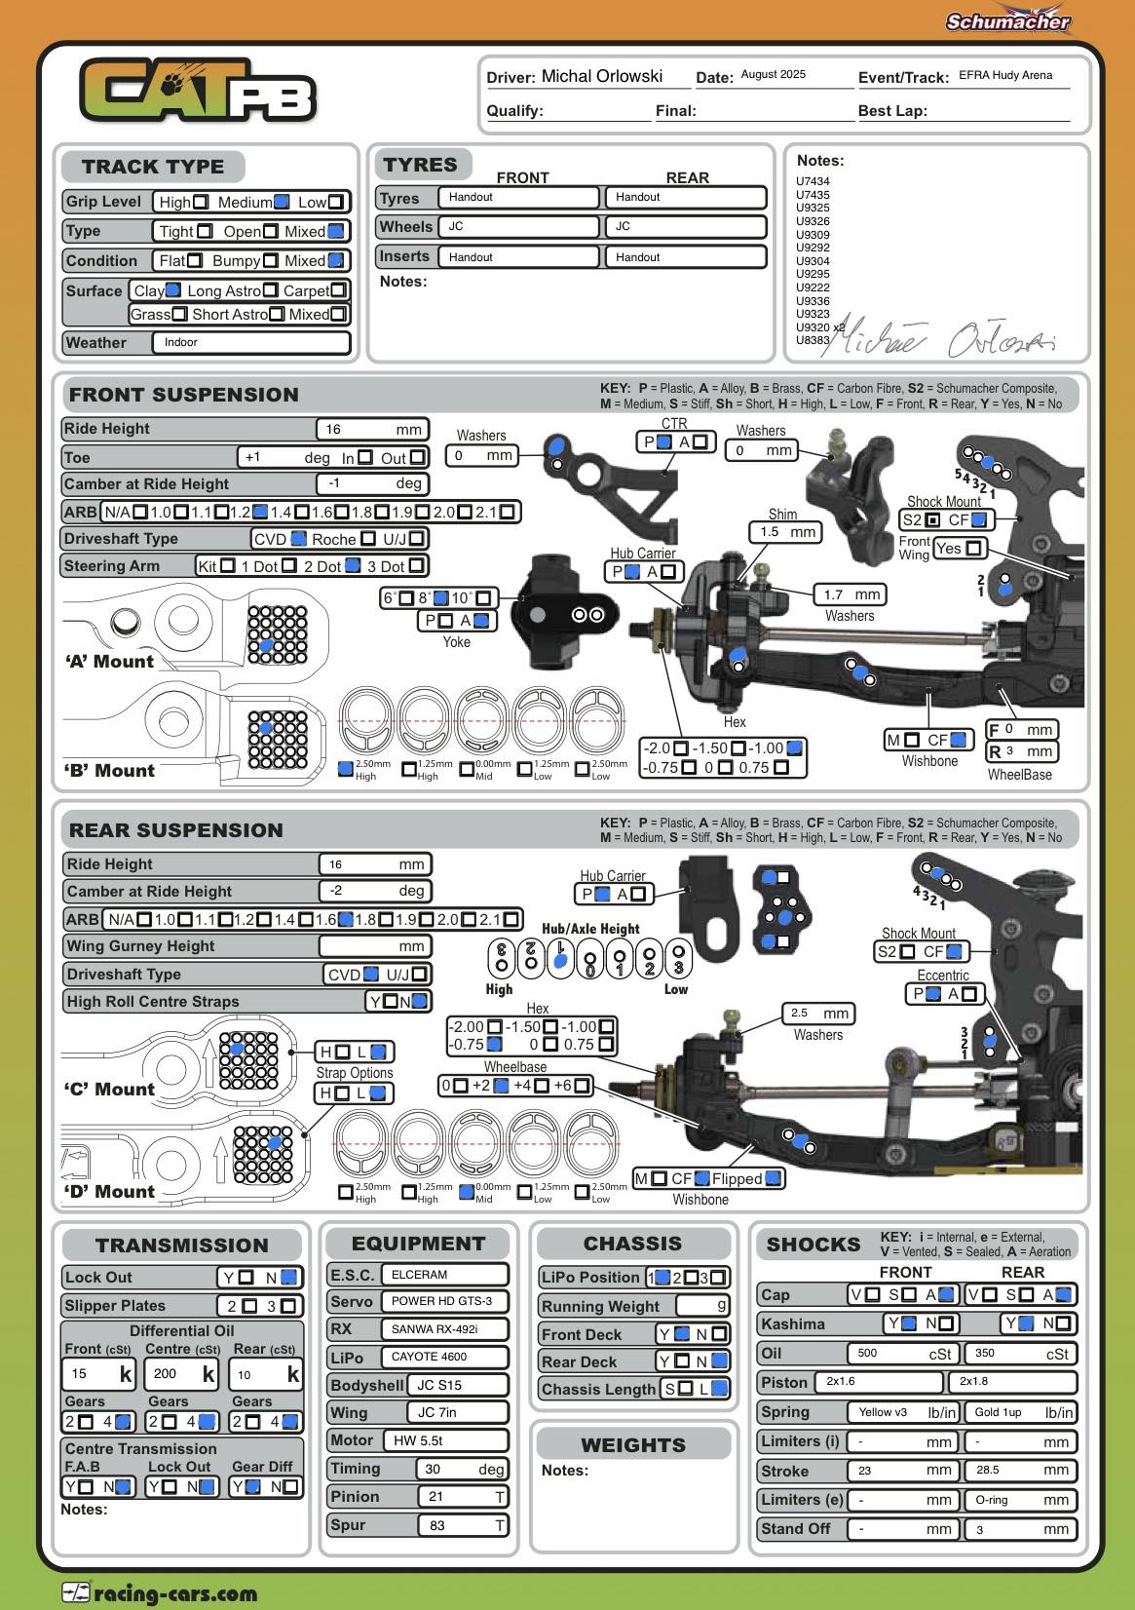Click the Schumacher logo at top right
pos(1007,20)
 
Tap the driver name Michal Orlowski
pos(601,76)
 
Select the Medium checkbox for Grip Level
pos(282,202)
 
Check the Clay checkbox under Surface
pos(173,289)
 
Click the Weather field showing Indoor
pos(250,342)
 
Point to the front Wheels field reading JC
pos(518,226)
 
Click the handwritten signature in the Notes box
pos(945,338)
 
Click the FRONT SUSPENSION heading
pos(183,395)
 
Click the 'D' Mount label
pos(110,1191)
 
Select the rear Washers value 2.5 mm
pos(818,1014)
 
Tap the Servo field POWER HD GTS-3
pos(444,1301)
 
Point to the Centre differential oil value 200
pos(179,1374)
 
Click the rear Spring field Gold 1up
pos(1019,1412)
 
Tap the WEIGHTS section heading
pos(633,1444)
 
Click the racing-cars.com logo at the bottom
pos(160,1593)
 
